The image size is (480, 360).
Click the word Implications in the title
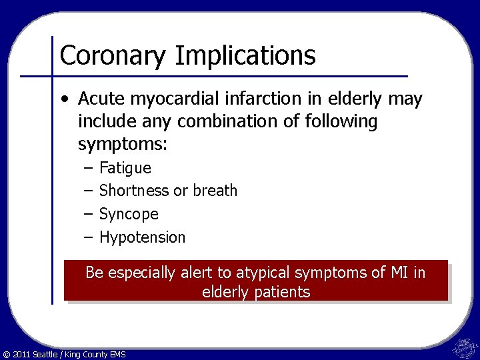click(x=245, y=57)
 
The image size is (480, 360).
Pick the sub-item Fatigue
click(x=125, y=168)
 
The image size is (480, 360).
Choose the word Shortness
click(x=134, y=191)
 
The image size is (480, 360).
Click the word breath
click(x=215, y=191)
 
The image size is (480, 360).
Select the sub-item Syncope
click(x=129, y=214)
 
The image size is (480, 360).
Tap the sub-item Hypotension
click(x=142, y=237)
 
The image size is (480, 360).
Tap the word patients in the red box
click(x=285, y=292)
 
